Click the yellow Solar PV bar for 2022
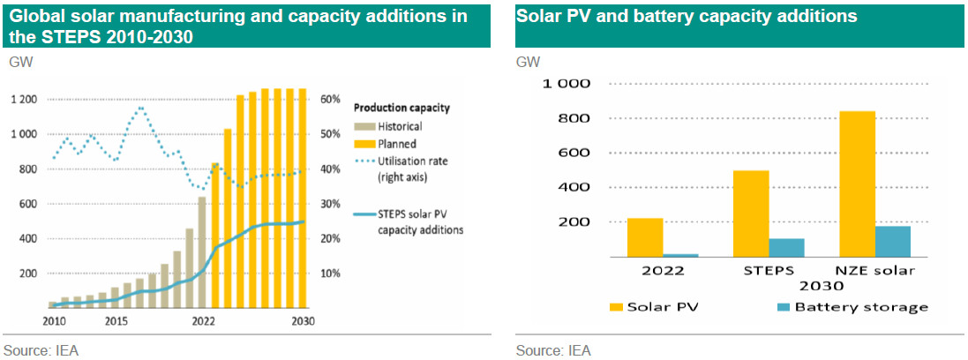point(645,237)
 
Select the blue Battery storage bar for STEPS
point(786,247)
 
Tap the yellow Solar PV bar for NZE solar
point(858,184)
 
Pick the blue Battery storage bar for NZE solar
point(893,241)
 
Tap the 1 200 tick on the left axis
point(22,99)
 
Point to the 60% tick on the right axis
point(328,99)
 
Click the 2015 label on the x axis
point(116,320)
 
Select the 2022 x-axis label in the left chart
point(202,320)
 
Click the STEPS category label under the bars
point(769,269)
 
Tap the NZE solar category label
point(875,269)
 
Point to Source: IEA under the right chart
point(553,350)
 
